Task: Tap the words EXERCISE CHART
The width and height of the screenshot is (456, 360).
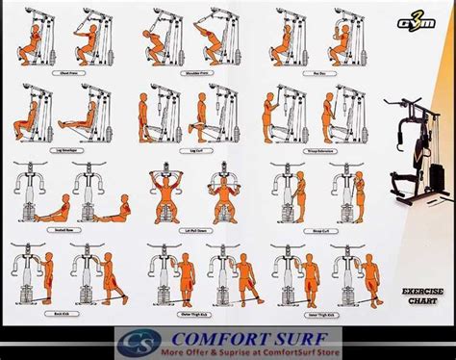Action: click(419, 296)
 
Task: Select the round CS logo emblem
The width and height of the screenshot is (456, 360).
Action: click(134, 343)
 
